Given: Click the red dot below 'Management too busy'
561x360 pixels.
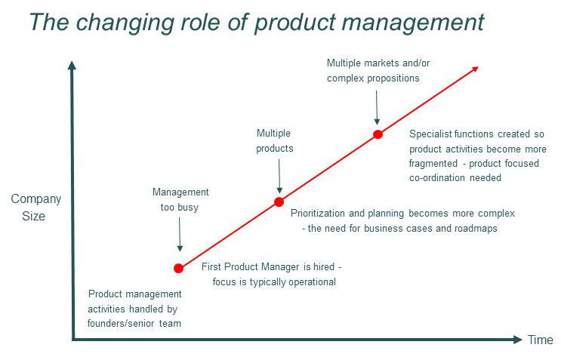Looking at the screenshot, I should [179, 268].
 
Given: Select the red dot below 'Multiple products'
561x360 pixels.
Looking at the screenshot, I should [279, 202].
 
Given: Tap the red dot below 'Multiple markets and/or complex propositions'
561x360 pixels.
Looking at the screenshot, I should [378, 135].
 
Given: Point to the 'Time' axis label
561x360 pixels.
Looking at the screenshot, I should [541, 340].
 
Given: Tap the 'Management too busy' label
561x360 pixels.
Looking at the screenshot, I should [180, 199].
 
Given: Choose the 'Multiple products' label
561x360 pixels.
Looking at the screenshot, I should [275, 140].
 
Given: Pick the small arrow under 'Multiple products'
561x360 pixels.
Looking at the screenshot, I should [279, 181].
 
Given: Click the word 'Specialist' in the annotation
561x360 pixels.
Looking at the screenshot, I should [431, 135].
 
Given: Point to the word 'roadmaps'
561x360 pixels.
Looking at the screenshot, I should [476, 228].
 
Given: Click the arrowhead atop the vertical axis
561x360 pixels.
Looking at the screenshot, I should [72, 66].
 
